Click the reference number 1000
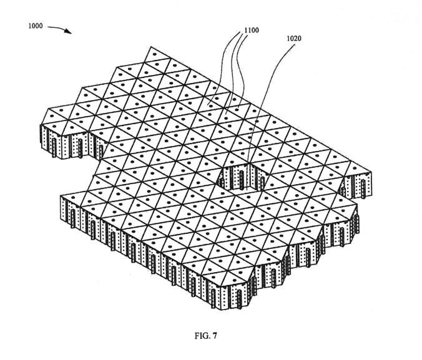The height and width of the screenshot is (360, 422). pyautogui.click(x=36, y=26)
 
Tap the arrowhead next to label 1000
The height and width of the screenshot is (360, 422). pyautogui.click(x=68, y=32)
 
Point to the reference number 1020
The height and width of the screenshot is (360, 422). pyautogui.click(x=294, y=38)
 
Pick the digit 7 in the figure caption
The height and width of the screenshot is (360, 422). pyautogui.click(x=214, y=336)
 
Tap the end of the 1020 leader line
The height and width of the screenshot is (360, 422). pyautogui.click(x=252, y=163)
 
